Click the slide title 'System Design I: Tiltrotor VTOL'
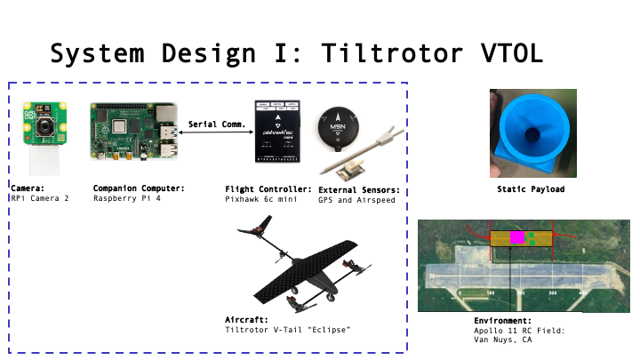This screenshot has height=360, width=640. coord(296,53)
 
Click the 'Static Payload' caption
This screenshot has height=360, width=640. coord(532,189)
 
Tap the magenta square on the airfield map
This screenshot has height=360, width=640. coord(516,237)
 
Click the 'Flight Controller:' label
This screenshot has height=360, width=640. coord(268,188)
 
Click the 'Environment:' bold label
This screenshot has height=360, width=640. coord(502,320)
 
